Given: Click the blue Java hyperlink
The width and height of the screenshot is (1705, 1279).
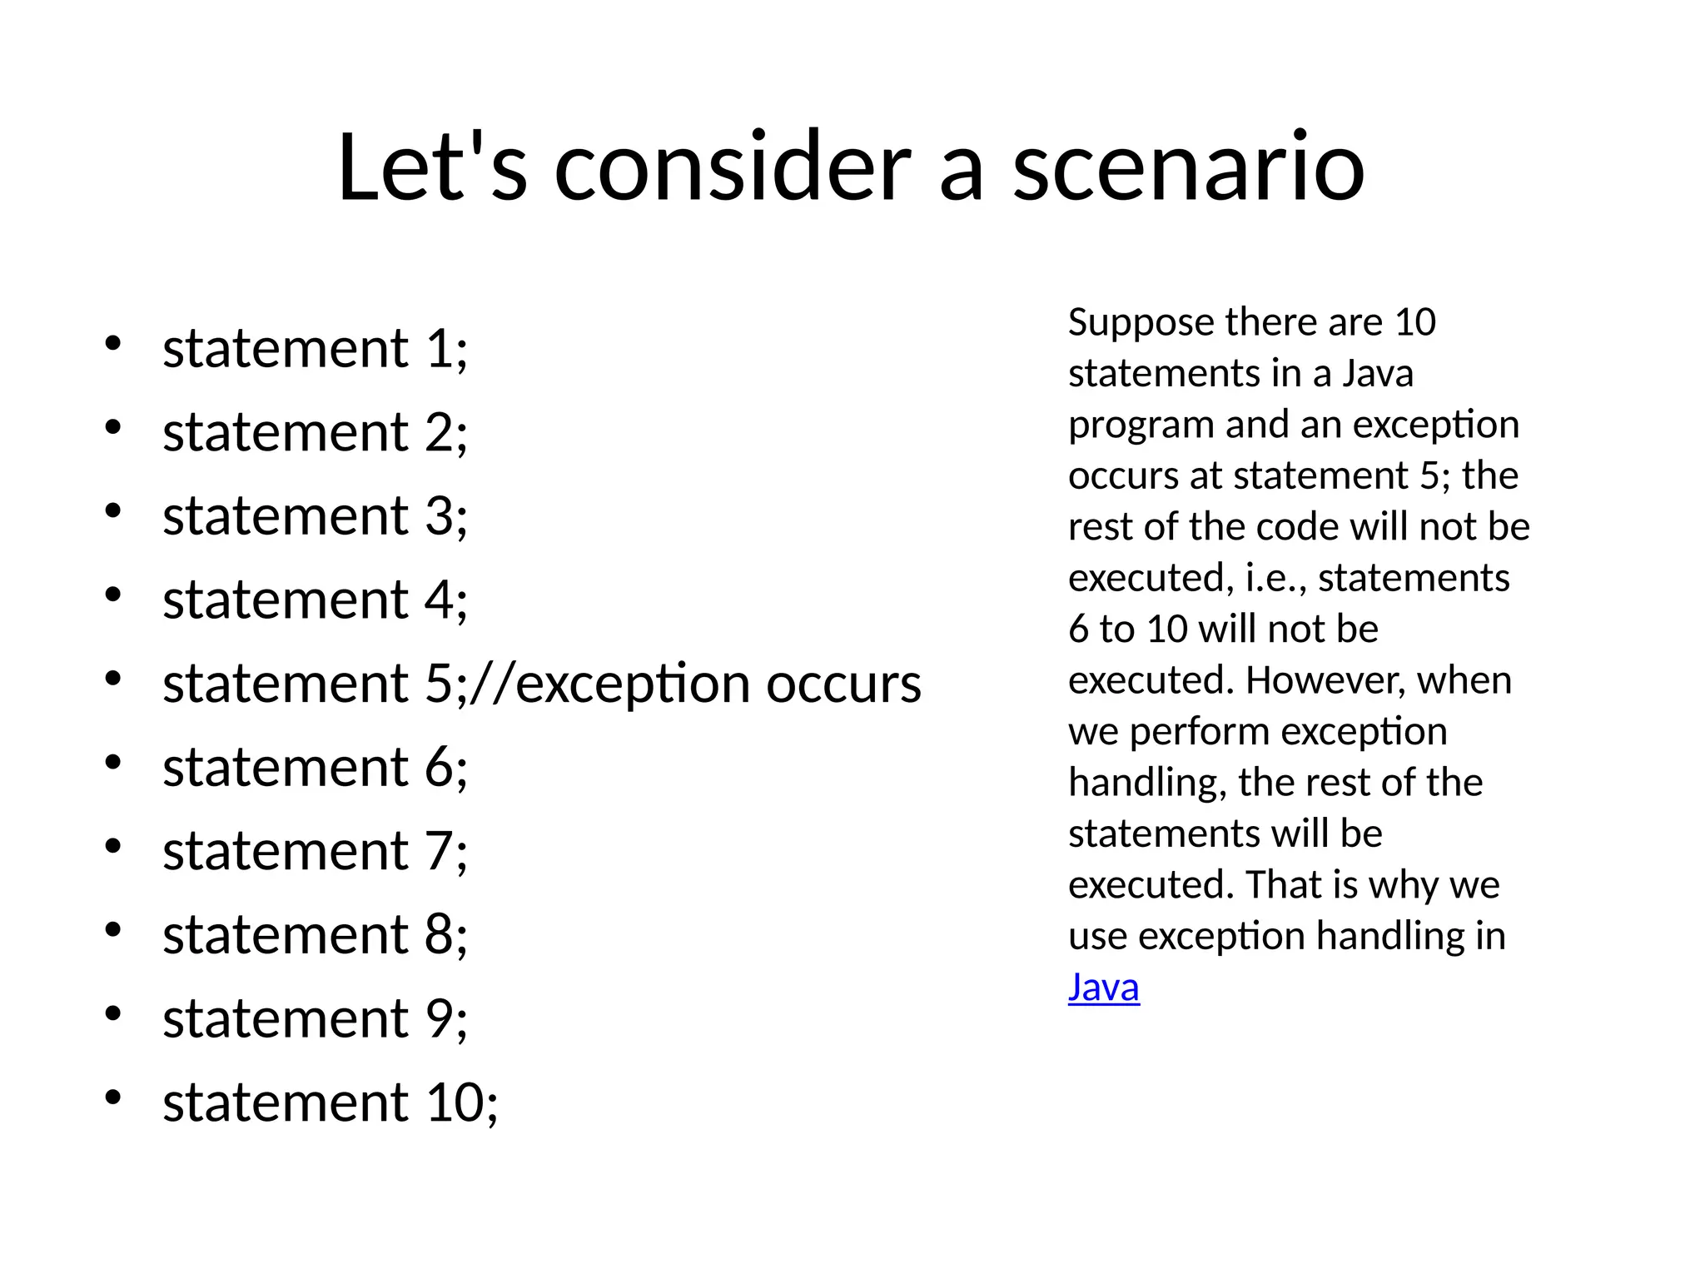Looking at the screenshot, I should point(1103,988).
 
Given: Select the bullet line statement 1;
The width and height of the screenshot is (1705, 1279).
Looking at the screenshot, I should point(315,348).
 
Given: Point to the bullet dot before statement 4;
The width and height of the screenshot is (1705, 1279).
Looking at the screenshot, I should point(113,595).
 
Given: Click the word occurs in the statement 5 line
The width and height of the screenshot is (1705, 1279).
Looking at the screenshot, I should point(843,684).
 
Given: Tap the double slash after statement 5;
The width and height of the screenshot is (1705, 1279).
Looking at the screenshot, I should point(492,684).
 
